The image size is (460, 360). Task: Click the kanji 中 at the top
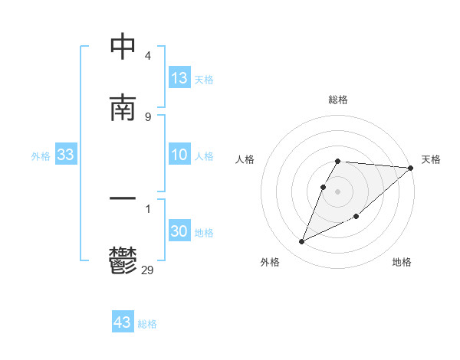pyautogui.click(x=123, y=47)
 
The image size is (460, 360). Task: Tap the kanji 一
pyautogui.click(x=123, y=198)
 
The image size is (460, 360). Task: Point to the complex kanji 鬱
pyautogui.click(x=123, y=260)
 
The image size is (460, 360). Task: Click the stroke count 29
pyautogui.click(x=148, y=270)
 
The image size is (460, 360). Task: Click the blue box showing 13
pyautogui.click(x=179, y=78)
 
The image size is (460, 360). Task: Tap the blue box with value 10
pyautogui.click(x=179, y=155)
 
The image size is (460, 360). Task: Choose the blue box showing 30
pyautogui.click(x=179, y=231)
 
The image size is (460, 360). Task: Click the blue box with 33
pyautogui.click(x=66, y=155)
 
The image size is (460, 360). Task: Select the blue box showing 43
pyautogui.click(x=123, y=322)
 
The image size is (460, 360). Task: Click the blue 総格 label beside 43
pyautogui.click(x=147, y=324)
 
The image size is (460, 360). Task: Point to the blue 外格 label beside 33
pyautogui.click(x=41, y=156)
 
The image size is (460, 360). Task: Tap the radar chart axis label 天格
pyautogui.click(x=431, y=159)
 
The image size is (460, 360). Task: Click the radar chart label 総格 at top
pyautogui.click(x=338, y=100)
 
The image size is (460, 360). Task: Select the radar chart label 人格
pyautogui.click(x=245, y=159)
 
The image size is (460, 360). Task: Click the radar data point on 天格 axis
pyautogui.click(x=411, y=168)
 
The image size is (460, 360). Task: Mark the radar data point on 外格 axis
pyautogui.click(x=302, y=241)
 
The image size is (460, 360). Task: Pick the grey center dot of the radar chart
pyautogui.click(x=338, y=191)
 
